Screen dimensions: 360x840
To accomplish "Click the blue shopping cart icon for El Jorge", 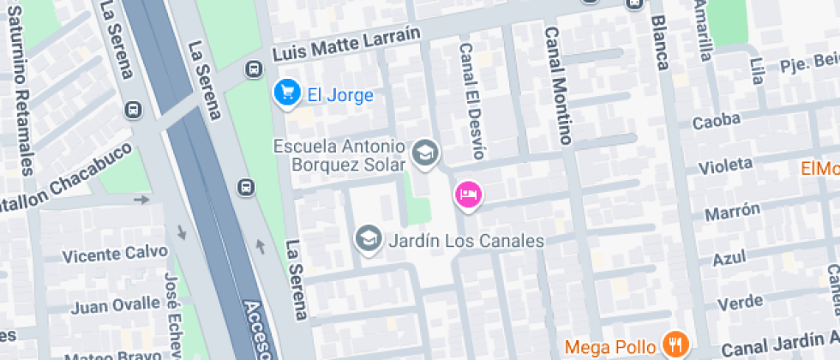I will [285, 92].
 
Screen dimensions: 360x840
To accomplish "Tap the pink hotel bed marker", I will [468, 194].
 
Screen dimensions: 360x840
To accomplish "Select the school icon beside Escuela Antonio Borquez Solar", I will [424, 153].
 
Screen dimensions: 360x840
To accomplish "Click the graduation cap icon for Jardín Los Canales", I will [369, 240].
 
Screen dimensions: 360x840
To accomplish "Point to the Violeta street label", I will [725, 165].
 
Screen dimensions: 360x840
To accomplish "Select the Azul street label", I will [729, 257].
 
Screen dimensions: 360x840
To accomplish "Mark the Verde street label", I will [740, 302].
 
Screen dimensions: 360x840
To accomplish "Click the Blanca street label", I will [659, 42].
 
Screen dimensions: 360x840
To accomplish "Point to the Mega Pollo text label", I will [611, 346].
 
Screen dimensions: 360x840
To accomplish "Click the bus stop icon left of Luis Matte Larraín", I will [254, 69].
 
